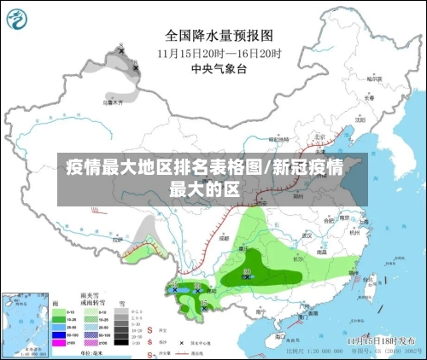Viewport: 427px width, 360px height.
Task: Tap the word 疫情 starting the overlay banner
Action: (x=84, y=166)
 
